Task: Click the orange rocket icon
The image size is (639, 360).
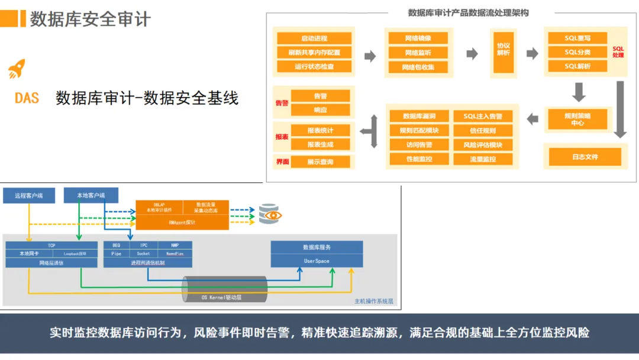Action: [x=16, y=69]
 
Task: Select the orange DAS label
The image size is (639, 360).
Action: [x=27, y=98]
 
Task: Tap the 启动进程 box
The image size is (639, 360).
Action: [x=314, y=38]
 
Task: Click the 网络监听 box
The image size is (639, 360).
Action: [x=418, y=53]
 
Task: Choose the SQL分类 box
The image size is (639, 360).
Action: [x=577, y=52]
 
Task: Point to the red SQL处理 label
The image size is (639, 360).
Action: [x=618, y=52]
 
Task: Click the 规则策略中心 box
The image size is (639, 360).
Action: [x=577, y=119]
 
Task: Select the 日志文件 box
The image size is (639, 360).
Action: [x=585, y=157]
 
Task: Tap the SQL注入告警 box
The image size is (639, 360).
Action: [x=483, y=117]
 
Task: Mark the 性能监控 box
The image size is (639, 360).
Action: [x=418, y=159]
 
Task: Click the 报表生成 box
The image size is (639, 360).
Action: [x=320, y=144]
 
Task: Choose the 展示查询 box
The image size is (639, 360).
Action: [x=320, y=162]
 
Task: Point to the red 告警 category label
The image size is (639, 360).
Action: [x=282, y=103]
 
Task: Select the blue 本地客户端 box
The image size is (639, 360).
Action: [x=91, y=195]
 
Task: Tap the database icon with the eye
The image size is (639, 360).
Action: [x=269, y=214]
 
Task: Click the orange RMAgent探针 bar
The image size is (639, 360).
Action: [x=182, y=223]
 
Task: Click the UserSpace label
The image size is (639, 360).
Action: [x=317, y=261]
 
